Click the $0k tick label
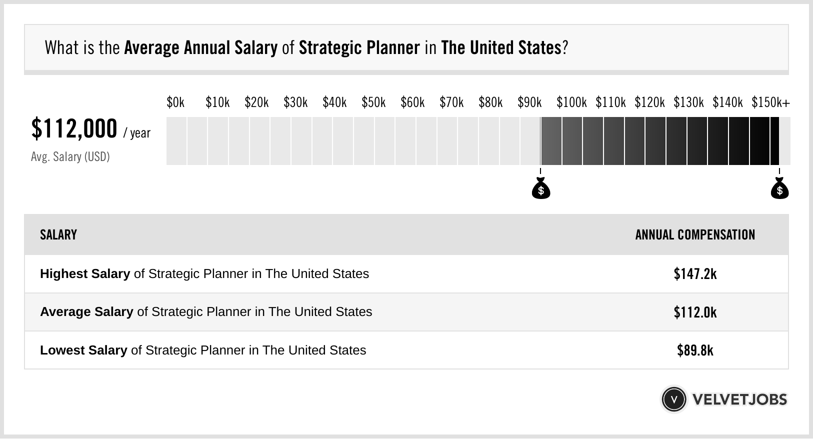[x=175, y=102]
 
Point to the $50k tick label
[x=373, y=102]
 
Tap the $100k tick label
[x=571, y=102]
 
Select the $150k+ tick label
[x=770, y=102]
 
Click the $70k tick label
[x=451, y=102]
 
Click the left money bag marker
[x=540, y=189]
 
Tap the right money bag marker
[x=779, y=189]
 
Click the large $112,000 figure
[x=74, y=129]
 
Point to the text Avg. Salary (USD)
[x=70, y=157]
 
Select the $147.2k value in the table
[x=695, y=274]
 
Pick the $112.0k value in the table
[x=695, y=312]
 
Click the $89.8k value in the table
[x=695, y=350]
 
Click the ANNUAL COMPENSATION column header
[x=695, y=235]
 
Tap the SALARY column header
[x=58, y=235]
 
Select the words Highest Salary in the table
[x=85, y=274]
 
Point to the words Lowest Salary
[x=83, y=350]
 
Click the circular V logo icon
[x=673, y=399]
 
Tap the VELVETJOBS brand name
[x=739, y=399]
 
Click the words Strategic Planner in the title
[x=359, y=48]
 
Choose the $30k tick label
[x=295, y=102]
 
